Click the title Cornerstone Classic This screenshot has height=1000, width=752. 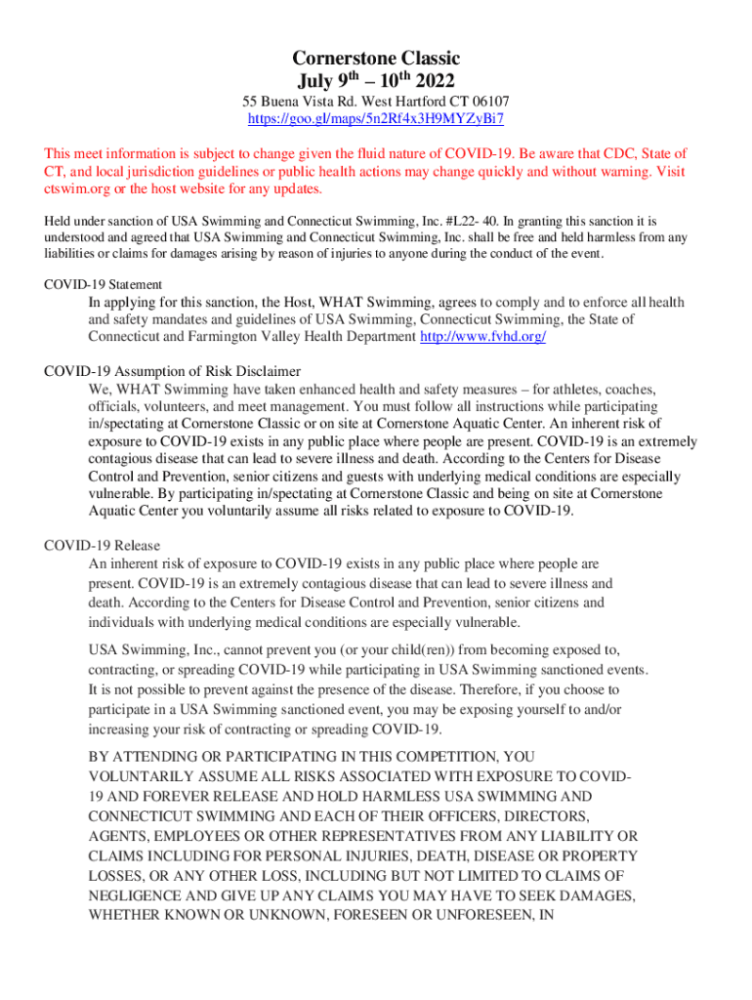coord(376,59)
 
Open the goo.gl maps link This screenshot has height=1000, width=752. coord(376,118)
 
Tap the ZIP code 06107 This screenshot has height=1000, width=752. coord(488,102)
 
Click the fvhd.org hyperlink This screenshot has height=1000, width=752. coord(482,336)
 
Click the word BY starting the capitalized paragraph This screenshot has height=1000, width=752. coord(100,757)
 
